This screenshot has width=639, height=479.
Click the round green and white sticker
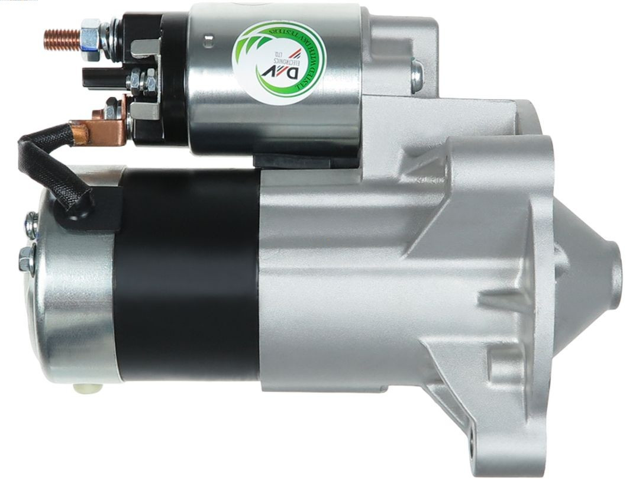pyautogui.click(x=278, y=62)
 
